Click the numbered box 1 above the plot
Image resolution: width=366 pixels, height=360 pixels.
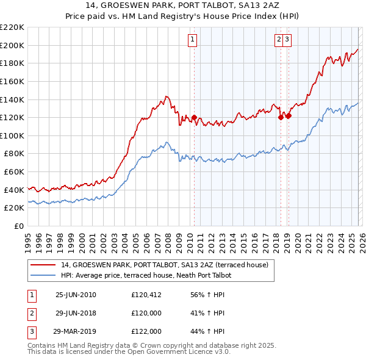193,40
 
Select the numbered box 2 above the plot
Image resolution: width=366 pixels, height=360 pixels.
279,40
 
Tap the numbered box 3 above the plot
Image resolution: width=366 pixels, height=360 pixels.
287,40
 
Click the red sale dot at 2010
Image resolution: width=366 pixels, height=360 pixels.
194,117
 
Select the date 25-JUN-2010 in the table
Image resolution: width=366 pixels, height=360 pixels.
76,295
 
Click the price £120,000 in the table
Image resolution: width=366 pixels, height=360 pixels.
146,313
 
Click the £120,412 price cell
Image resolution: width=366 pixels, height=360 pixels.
146,295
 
